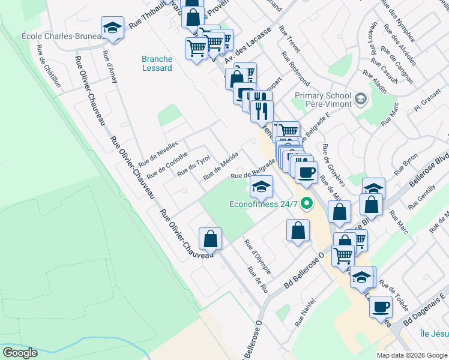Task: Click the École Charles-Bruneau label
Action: click(x=60, y=35)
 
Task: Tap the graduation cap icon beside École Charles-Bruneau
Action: click(x=112, y=28)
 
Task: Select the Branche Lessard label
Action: click(x=157, y=64)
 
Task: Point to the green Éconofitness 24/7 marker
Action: click(x=307, y=204)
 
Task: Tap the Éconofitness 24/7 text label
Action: click(x=264, y=204)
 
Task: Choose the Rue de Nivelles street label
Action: click(x=158, y=154)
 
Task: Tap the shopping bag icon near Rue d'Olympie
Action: click(x=298, y=230)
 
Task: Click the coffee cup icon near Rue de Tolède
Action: click(x=381, y=307)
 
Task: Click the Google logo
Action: click(x=20, y=352)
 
